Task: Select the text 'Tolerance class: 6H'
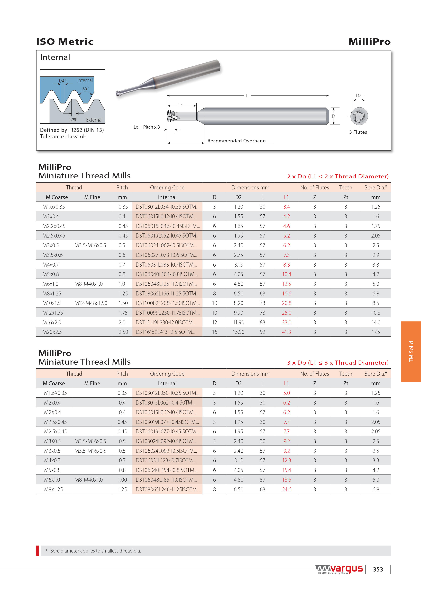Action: [x=63, y=137]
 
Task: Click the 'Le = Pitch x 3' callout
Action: [x=147, y=127]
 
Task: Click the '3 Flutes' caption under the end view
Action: [x=358, y=132]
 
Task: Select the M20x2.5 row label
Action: [x=52, y=332]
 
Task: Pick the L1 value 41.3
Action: [x=286, y=332]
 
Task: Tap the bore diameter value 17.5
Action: [x=376, y=332]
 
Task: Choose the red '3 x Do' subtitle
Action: [x=337, y=363]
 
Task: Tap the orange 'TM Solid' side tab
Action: [x=411, y=352]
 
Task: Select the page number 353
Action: [x=378, y=569]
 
